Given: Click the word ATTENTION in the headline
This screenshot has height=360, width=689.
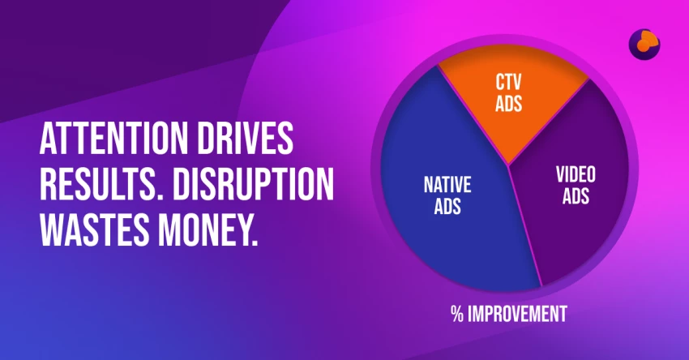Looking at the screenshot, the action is pos(113,139).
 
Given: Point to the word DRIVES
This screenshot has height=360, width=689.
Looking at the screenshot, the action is pos(245,139).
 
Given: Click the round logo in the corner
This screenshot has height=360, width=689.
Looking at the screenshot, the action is pos(644,45).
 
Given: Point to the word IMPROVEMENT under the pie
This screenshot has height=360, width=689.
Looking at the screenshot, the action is pos(517,315).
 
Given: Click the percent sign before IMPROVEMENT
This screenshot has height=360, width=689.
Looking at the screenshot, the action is pos(457,315).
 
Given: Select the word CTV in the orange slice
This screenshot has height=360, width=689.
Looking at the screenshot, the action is pos(508,82).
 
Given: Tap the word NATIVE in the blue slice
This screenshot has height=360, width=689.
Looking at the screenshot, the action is pos(447,185).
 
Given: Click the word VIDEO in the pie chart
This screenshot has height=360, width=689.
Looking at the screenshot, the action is pos(576,174).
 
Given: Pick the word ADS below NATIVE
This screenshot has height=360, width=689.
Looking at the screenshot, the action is pos(447,206).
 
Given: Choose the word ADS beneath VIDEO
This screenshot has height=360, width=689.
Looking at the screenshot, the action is pos(576,196).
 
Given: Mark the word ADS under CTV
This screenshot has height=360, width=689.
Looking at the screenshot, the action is pos(508,104).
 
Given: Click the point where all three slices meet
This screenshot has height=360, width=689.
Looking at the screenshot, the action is pos(509,165).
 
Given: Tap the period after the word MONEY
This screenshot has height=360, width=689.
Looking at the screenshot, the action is pos(255,243).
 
